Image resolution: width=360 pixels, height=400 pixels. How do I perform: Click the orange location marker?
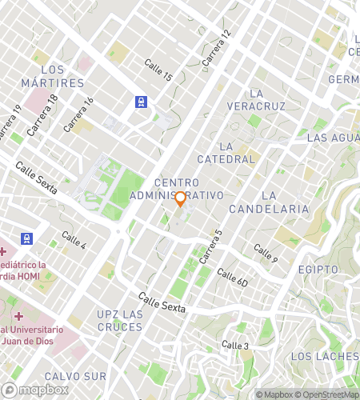pos(181,198)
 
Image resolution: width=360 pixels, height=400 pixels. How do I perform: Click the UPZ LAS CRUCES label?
pos(120,320)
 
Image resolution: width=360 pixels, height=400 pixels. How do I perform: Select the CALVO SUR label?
pos(75,376)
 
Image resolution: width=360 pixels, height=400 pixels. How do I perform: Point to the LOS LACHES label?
pos(324,356)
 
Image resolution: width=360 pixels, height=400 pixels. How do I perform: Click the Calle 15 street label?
pos(158,70)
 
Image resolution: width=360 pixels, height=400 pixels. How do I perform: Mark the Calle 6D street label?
pos(233,278)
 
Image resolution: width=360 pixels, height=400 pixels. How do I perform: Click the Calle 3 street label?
pos(236,345)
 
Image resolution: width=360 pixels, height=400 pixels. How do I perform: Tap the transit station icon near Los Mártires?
pos(141,102)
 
